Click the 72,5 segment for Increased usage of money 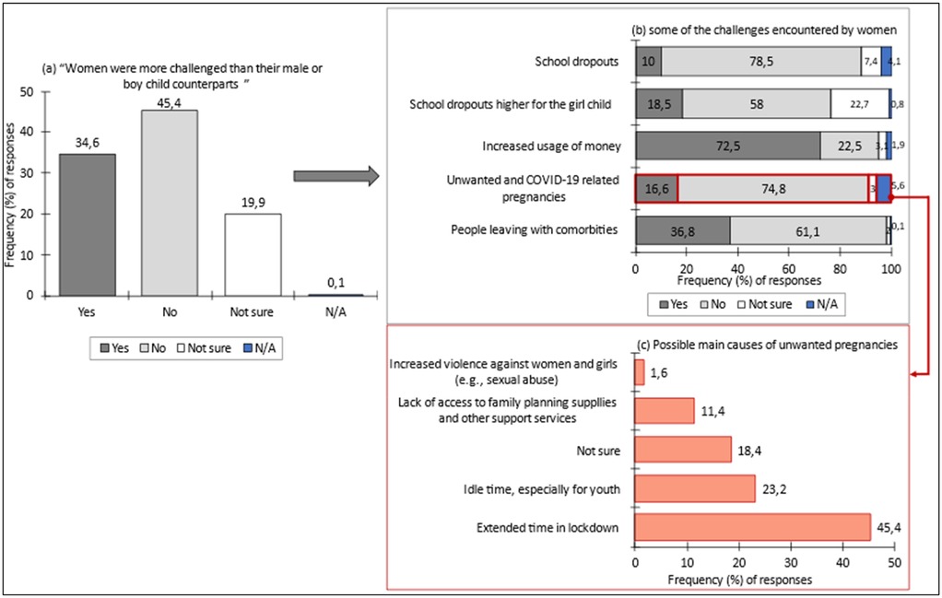[727, 146]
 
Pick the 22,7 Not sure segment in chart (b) [859, 103]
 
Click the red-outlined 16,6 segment [655, 188]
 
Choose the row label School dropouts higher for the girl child [510, 103]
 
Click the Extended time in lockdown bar [752, 527]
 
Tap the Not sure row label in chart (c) [598, 450]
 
